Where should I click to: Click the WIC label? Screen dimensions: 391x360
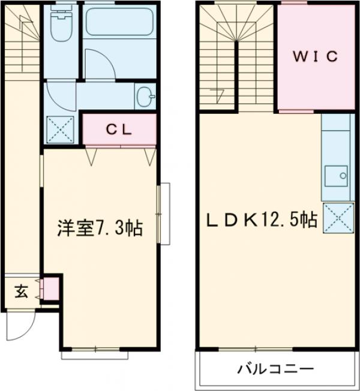coord(316,57)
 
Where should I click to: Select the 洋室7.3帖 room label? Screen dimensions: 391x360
coord(100,228)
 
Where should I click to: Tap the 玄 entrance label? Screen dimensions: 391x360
coord(21,292)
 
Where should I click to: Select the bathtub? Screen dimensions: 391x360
coord(119,23)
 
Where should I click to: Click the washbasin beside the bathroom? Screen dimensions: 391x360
coord(145,95)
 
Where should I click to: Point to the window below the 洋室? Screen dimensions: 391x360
coord(94,355)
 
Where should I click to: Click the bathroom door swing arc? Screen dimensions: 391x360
coord(96,63)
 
